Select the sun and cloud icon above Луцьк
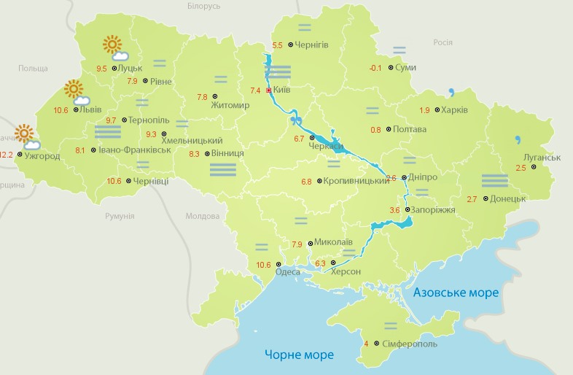click(x=114, y=47)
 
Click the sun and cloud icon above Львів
click(x=76, y=92)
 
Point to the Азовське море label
click(x=456, y=293)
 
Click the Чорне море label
click(x=299, y=355)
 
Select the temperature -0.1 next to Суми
click(x=375, y=68)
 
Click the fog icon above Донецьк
click(x=494, y=180)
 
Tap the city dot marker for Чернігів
click(x=290, y=45)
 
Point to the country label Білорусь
click(x=203, y=7)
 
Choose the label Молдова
click(x=202, y=216)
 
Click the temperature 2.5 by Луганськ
click(x=521, y=169)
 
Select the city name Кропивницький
click(x=356, y=181)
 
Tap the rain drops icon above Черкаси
click(x=296, y=120)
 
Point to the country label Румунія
click(x=120, y=216)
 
